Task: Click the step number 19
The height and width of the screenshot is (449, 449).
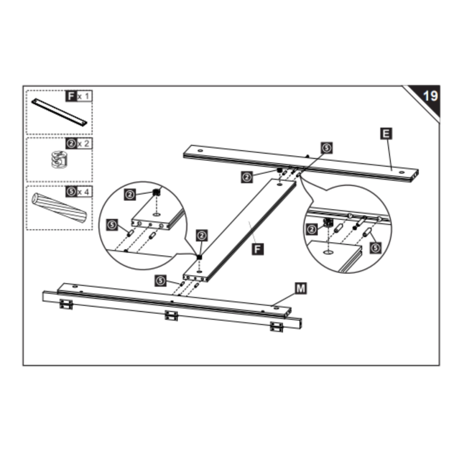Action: tap(429, 96)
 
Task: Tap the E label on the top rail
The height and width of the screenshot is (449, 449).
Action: tap(386, 133)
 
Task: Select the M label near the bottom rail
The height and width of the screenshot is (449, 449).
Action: tap(300, 288)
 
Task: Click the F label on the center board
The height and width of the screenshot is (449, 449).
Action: tap(258, 249)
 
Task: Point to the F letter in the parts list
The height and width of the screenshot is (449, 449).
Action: tap(71, 96)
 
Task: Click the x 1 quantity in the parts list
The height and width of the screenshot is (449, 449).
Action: tap(84, 96)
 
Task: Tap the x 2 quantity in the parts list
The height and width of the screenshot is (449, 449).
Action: tap(84, 143)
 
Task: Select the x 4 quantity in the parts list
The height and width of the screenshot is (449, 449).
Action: tap(84, 191)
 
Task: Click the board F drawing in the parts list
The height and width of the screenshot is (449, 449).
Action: tap(59, 112)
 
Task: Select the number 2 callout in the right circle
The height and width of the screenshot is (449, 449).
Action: tap(312, 228)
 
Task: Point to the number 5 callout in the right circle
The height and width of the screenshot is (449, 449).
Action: tap(375, 248)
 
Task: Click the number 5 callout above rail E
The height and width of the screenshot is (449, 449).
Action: tap(326, 148)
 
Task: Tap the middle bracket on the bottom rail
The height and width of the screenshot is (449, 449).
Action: tap(171, 315)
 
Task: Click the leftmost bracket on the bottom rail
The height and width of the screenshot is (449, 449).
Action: tap(66, 304)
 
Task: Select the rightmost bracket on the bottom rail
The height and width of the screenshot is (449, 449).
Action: tap(277, 327)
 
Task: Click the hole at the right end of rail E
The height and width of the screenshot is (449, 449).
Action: tap(401, 173)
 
